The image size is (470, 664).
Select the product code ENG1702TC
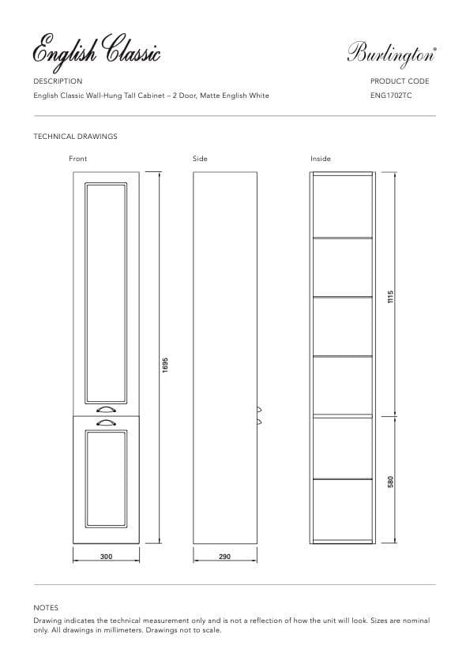pos(390,96)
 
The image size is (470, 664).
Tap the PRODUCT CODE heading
pos(399,81)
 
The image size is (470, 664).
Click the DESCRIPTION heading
pos(58,81)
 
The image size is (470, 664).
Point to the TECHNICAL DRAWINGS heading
pos(75,137)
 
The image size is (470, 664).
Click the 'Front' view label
pos(78,159)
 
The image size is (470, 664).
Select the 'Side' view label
pos(200,159)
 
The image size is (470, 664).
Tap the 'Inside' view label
pos(321,159)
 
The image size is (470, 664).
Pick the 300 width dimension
pos(106,557)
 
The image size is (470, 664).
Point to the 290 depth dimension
pos(224,557)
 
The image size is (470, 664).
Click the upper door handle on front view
pos(105,410)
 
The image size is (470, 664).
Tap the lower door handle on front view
pos(105,423)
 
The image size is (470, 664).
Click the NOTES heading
pos(46,608)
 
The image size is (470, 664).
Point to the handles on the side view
pos(259,416)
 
